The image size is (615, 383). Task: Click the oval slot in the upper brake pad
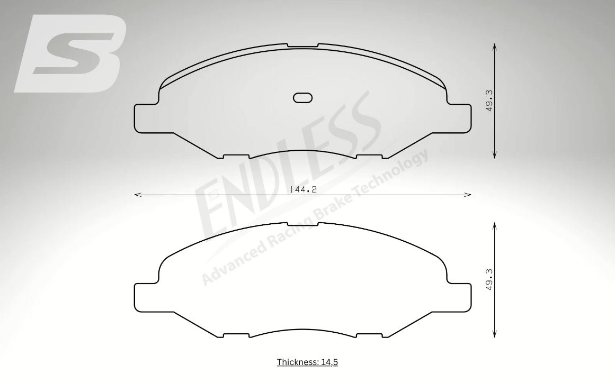pos(303,97)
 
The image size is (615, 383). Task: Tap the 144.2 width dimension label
pos(303,189)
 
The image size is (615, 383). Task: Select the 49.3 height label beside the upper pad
pos(489,101)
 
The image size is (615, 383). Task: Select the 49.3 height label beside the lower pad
pos(489,280)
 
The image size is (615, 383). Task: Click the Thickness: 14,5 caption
pos(307,362)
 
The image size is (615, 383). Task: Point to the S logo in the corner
pos(70,53)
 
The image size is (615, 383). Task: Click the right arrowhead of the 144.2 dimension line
pos(467,194)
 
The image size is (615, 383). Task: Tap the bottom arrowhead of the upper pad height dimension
pos(495,154)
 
